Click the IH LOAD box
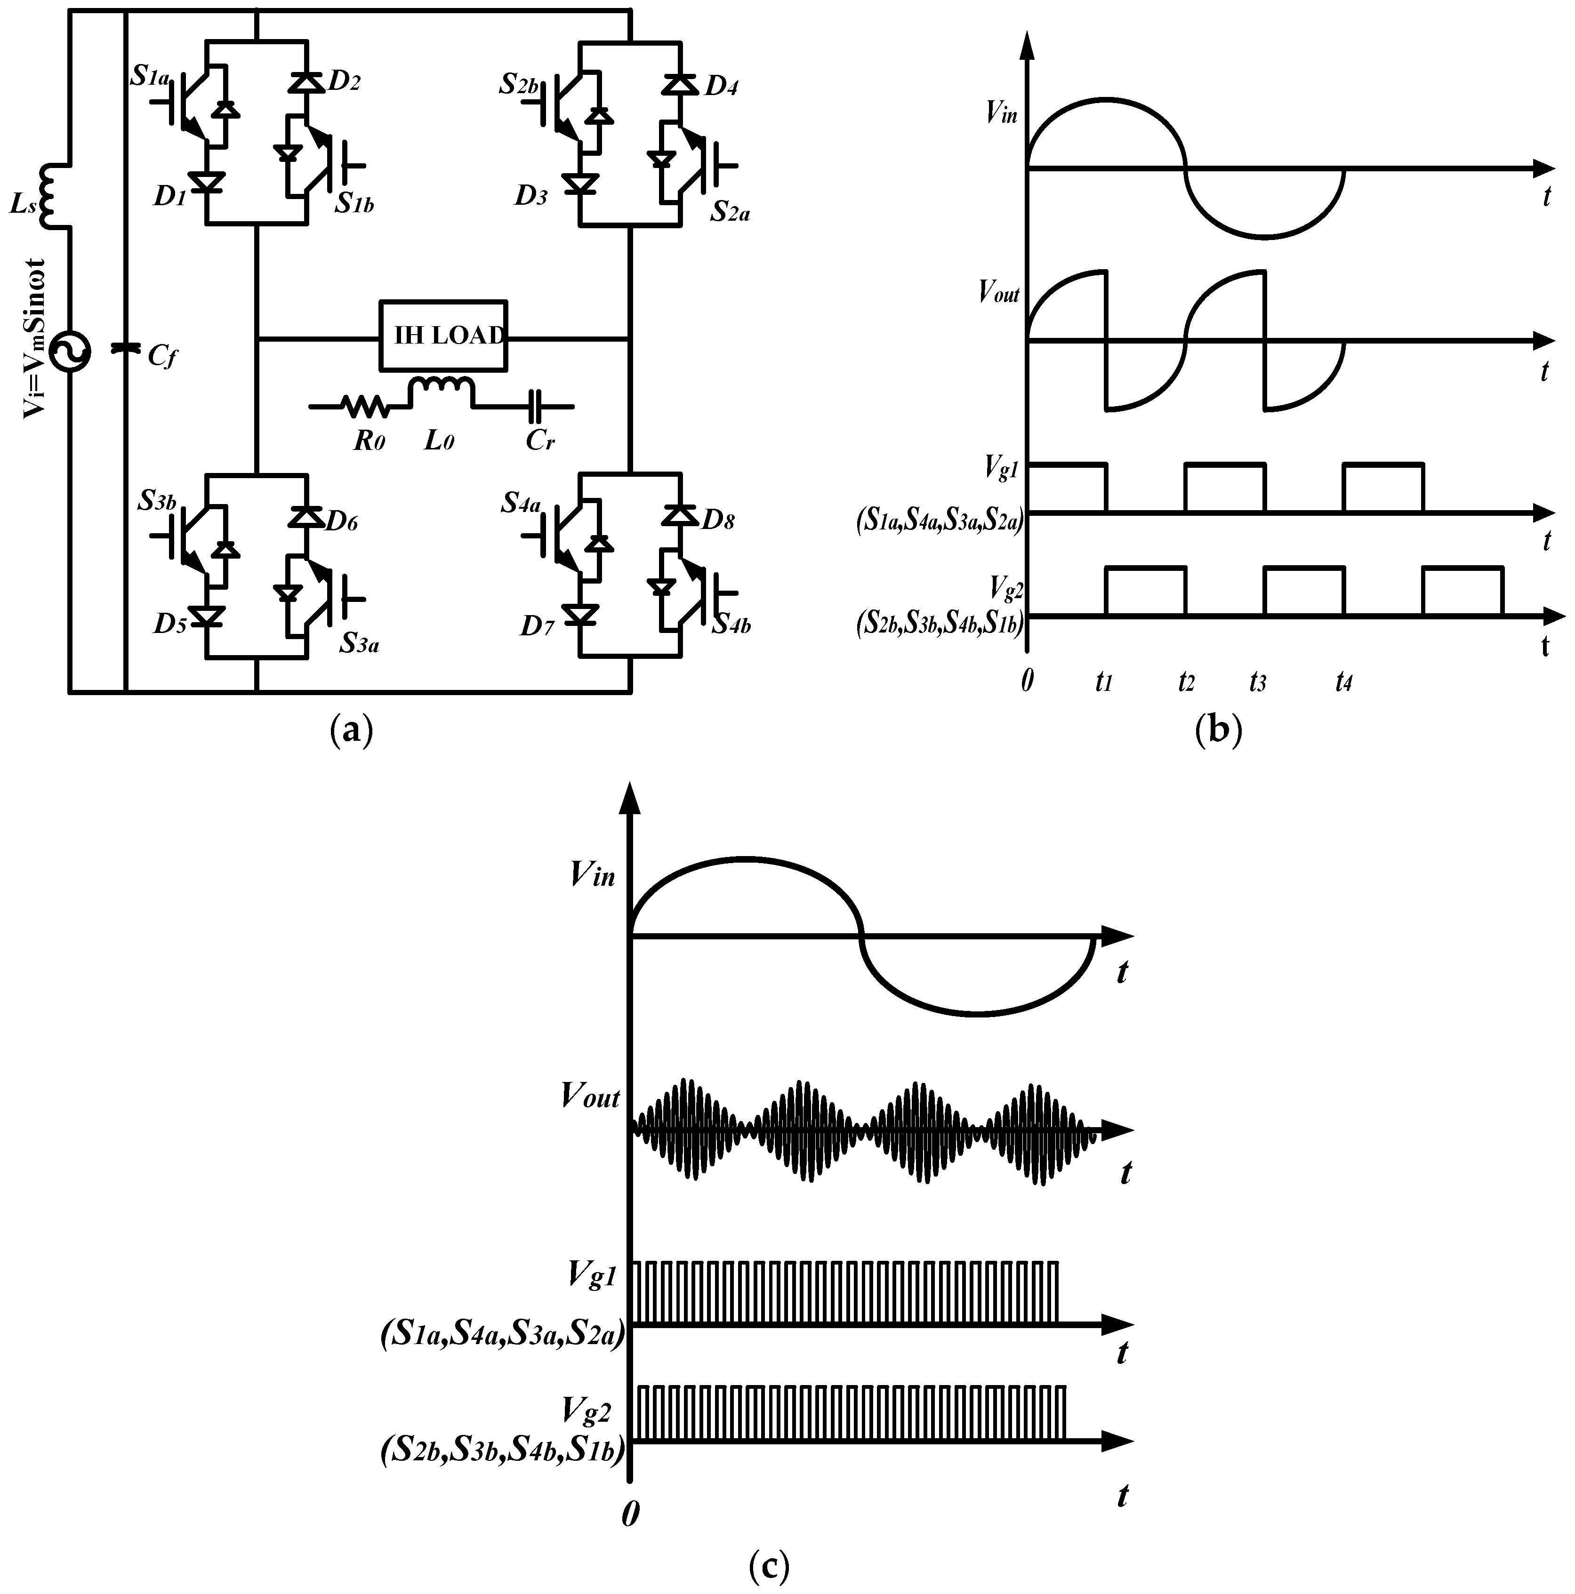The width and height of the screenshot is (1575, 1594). tap(443, 335)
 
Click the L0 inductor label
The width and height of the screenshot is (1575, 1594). tap(439, 441)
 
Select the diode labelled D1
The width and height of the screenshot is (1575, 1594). tap(205, 182)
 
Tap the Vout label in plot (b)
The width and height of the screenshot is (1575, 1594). tap(998, 292)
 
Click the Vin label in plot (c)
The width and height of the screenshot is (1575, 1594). tap(592, 874)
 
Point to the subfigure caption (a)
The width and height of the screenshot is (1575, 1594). tap(351, 731)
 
